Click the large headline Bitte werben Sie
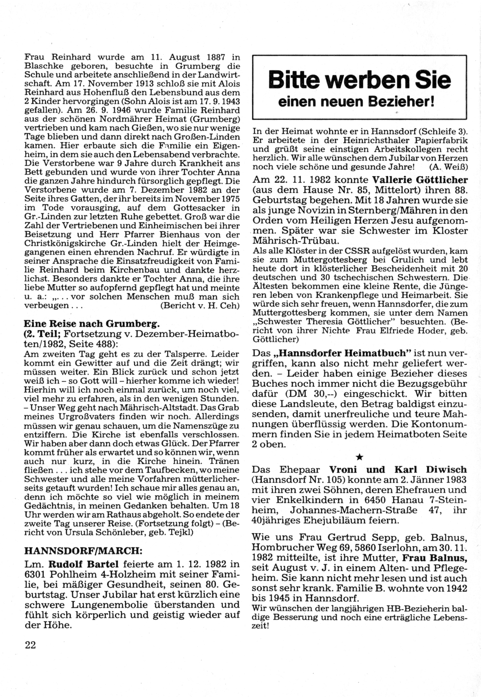(x=359, y=79)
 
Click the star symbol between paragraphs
(x=359, y=457)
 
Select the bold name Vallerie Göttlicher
(x=420, y=180)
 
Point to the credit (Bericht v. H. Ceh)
(x=200, y=306)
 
